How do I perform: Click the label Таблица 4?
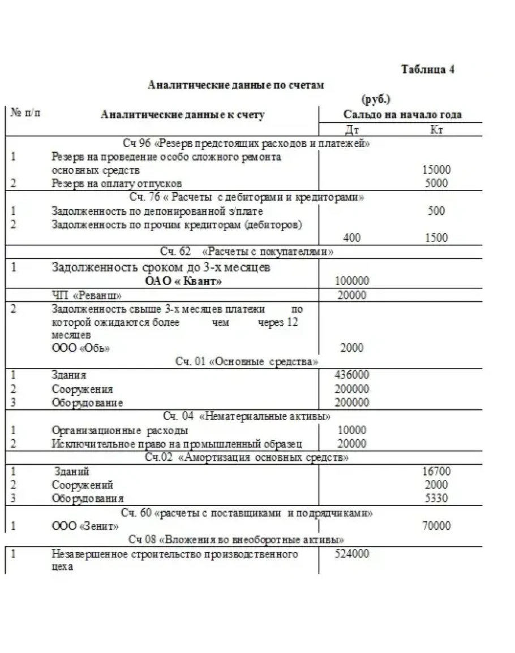(428, 70)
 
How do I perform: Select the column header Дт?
(352, 130)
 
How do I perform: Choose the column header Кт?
(436, 130)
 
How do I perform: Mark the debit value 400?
(351, 238)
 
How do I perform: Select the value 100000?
(351, 281)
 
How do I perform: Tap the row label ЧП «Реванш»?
(87, 295)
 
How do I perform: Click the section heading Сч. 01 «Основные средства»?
(246, 362)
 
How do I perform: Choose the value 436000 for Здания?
(352, 375)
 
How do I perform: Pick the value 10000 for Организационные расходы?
(351, 430)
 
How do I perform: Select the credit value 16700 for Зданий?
(436, 471)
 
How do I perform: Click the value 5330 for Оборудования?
(436, 498)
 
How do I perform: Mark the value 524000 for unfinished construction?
(352, 553)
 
